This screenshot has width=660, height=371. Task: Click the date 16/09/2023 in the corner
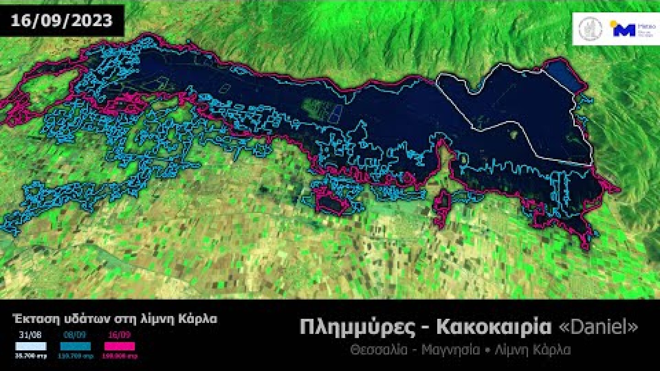tap(61, 21)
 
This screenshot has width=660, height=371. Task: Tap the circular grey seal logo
tap(590, 29)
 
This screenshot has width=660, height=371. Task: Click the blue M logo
tap(624, 29)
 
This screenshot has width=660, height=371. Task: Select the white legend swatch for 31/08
tap(30, 346)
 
